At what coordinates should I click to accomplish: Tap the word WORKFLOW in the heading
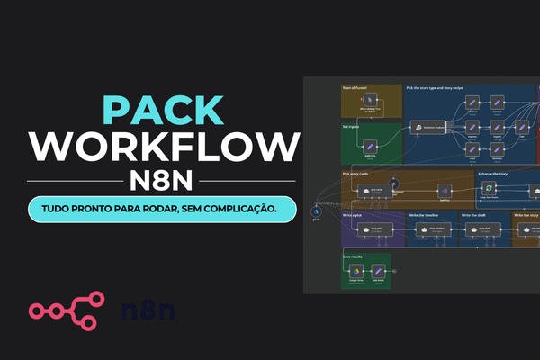pyautogui.click(x=162, y=147)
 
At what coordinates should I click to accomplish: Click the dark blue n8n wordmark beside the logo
pyautogui.click(x=148, y=311)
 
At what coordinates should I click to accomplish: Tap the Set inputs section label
pyautogui.click(x=352, y=127)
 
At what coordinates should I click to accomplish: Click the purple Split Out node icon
pyautogui.click(x=443, y=190)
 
